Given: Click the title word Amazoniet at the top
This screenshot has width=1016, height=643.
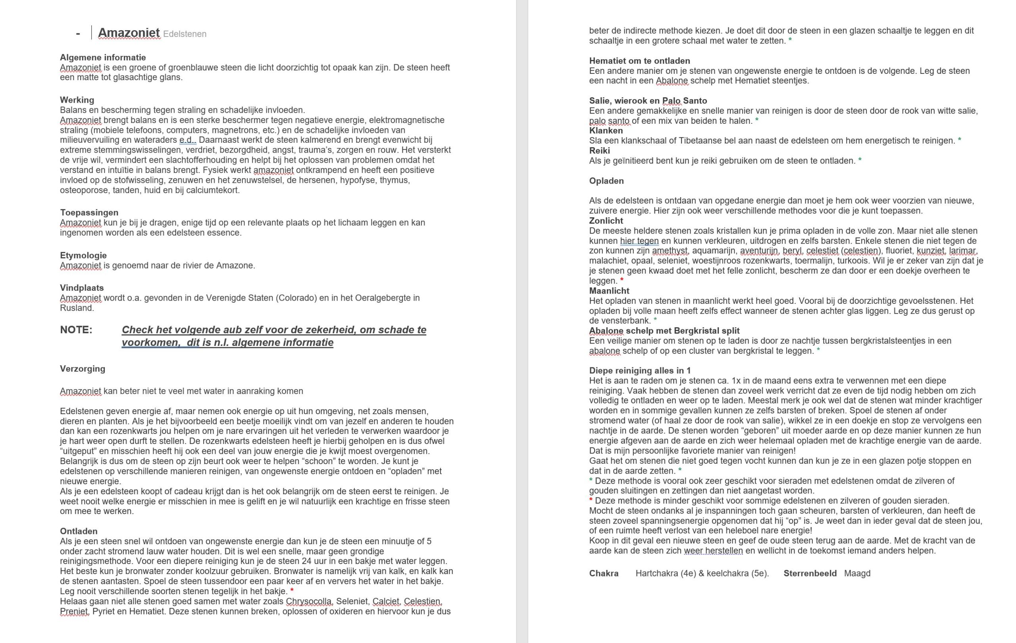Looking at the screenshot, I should [x=129, y=33].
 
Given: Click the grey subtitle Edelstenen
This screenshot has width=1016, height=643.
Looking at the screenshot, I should [x=185, y=34].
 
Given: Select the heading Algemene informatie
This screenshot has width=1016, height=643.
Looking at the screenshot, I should [x=103, y=58].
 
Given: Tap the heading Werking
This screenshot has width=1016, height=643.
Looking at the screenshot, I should [x=77, y=100].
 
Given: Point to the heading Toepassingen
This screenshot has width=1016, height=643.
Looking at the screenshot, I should [x=89, y=213].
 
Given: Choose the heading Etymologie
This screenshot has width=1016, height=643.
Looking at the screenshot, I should [x=83, y=255].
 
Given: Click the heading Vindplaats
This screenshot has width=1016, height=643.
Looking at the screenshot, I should [x=82, y=288].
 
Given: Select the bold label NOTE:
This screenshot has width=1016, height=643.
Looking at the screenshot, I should [x=76, y=330].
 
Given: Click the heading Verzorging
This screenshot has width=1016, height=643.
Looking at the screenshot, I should [x=83, y=369].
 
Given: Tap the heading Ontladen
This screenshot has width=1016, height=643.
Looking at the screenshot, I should [x=79, y=531].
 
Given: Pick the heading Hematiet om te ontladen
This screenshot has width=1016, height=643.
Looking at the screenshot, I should [x=640, y=61].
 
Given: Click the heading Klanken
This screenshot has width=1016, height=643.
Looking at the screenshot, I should [x=606, y=131].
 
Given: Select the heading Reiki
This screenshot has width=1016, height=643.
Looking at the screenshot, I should [x=600, y=150].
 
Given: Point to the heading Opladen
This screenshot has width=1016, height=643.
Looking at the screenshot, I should [x=606, y=181].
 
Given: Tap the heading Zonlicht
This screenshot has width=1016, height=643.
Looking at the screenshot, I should [x=606, y=221].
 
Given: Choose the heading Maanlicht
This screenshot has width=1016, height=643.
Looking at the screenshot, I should [x=609, y=290].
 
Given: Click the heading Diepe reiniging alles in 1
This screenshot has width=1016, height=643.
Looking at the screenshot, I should [x=640, y=370].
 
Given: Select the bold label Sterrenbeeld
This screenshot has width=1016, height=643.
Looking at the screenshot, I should [x=810, y=574].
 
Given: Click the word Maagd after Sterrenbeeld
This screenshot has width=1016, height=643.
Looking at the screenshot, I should [x=857, y=574].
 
